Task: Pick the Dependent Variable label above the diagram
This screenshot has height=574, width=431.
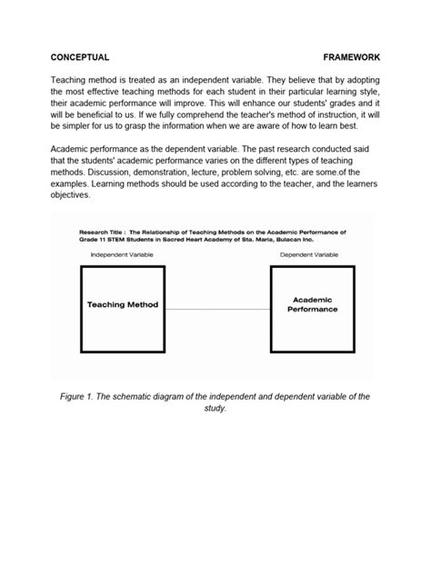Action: coord(308,254)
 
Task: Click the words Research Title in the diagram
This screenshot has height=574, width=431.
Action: coord(101,232)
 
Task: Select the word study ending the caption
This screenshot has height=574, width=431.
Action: coord(214,409)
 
